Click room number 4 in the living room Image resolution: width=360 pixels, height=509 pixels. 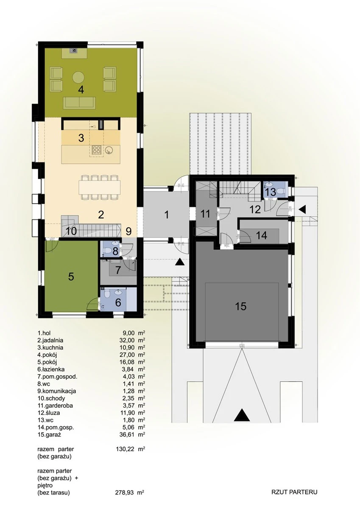(81, 90)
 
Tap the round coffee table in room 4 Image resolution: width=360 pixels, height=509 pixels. (78, 77)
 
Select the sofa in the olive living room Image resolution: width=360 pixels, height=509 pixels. (79, 103)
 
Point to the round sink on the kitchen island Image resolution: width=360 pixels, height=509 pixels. (109, 149)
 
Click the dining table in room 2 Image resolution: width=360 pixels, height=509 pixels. (100, 187)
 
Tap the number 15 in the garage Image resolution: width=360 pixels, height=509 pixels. (241, 306)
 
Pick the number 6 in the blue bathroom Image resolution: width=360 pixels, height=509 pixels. (118, 302)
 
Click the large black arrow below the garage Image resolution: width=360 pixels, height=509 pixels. (242, 415)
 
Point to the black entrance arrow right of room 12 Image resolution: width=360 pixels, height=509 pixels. (302, 209)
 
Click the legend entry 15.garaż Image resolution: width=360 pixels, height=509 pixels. (50, 435)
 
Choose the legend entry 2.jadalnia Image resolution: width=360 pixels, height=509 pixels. (50, 340)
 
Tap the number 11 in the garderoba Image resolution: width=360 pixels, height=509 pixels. (206, 214)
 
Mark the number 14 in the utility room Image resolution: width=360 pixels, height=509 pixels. (262, 235)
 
